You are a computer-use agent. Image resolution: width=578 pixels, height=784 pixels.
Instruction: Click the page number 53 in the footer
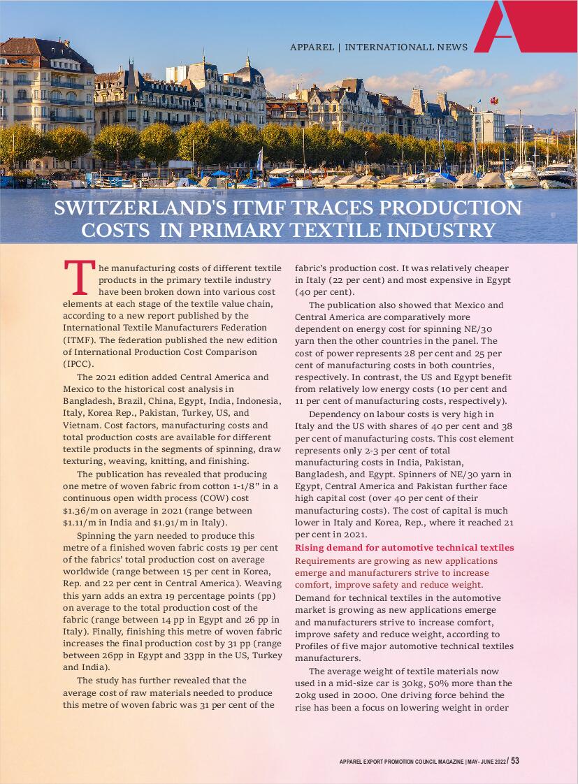coord(514,761)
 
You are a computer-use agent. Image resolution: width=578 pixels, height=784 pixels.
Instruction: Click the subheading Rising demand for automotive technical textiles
coord(404,547)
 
